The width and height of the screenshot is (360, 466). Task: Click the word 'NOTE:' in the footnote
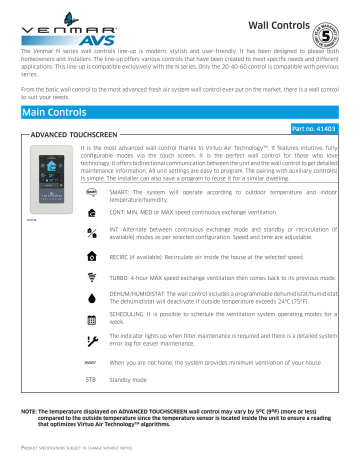[30, 413]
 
